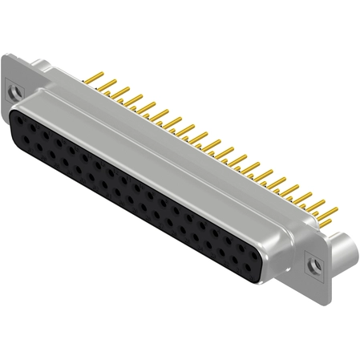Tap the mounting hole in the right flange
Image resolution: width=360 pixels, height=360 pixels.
pos(316,263)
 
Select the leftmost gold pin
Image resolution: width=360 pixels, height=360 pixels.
pos(95,79)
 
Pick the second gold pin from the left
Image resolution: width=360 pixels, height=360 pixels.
pos(107,84)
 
